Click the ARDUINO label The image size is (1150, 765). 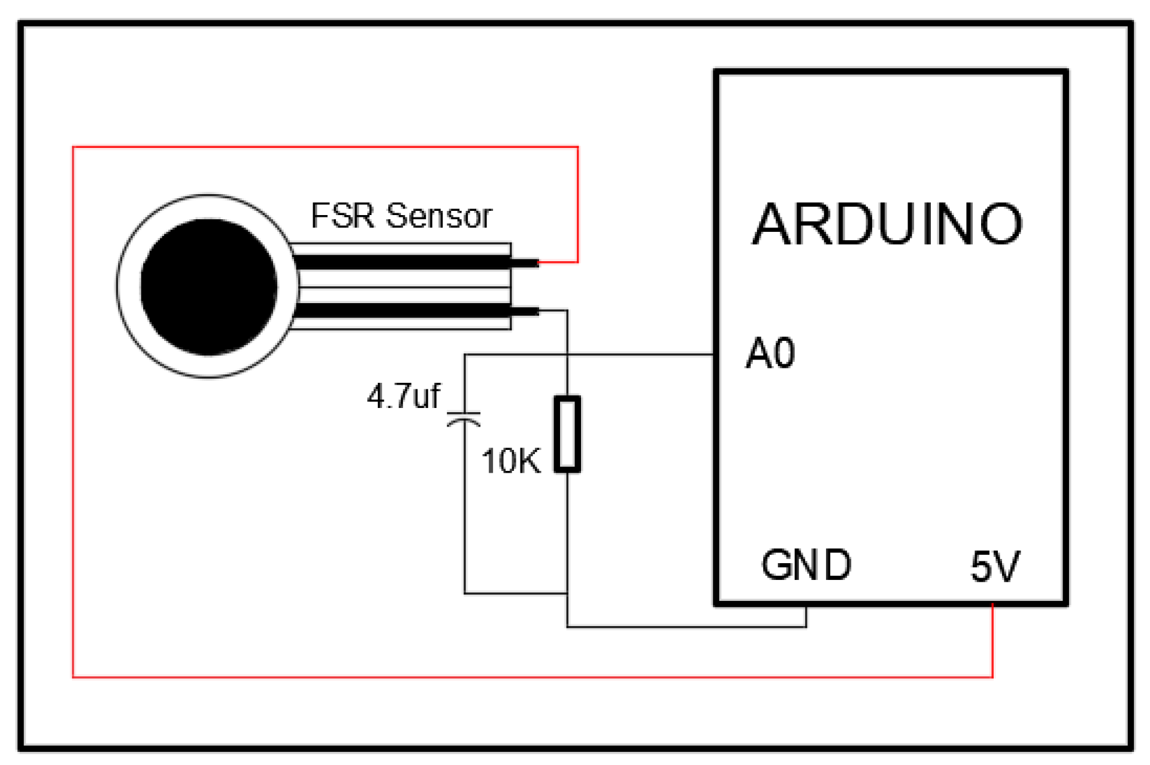coord(886,224)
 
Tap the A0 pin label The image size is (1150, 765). coord(770,353)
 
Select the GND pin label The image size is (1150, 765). coord(806,565)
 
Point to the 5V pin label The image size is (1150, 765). coord(994,566)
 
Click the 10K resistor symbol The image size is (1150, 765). coord(567,434)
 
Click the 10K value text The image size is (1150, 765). coord(510,461)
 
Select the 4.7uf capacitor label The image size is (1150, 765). coord(404,397)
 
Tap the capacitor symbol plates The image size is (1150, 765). coord(464,418)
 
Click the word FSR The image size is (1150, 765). coord(342,216)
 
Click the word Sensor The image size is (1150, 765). coord(439,216)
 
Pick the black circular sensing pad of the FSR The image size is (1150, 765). coord(208,287)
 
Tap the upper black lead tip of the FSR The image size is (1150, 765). coord(525,262)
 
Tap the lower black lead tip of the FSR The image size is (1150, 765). coord(525,311)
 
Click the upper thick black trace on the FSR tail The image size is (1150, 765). coord(401,262)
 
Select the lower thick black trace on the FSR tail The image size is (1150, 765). coord(401,311)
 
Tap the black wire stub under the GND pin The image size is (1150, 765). coord(806,617)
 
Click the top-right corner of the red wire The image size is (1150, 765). coord(577,147)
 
